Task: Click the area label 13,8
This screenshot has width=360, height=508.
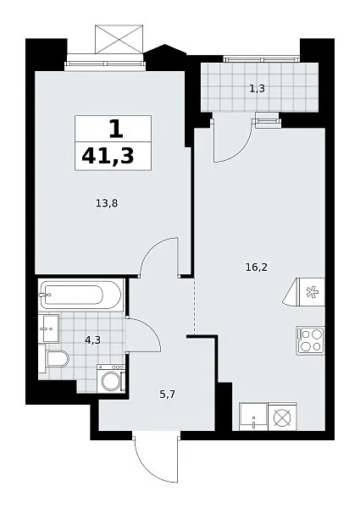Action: [107, 203]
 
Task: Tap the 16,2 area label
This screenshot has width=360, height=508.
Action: [257, 268]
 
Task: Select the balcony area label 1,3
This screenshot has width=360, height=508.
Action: [258, 88]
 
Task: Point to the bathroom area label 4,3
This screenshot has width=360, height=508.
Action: [92, 340]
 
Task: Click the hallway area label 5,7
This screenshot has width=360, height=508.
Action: [167, 395]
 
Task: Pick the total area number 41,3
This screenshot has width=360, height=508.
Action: [108, 156]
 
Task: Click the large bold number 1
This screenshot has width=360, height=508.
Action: [116, 129]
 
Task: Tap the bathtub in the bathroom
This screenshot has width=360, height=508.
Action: [80, 295]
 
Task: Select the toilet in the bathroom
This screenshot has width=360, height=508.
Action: [58, 359]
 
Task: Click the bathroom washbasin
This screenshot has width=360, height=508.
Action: [51, 329]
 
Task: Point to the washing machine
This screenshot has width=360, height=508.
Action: [111, 378]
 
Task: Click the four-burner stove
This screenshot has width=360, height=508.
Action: [310, 340]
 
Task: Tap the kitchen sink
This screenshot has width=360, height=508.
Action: [253, 417]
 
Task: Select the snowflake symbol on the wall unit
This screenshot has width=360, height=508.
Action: [312, 291]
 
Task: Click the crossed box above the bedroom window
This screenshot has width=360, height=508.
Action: [119, 39]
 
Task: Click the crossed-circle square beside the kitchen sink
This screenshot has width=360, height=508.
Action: [283, 417]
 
